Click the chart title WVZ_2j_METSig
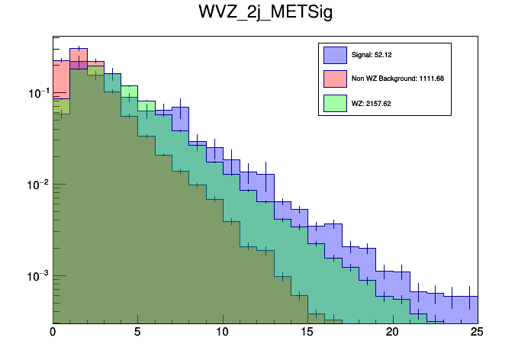265,15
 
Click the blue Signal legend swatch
335,55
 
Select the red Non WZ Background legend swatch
335,79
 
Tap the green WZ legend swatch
335,102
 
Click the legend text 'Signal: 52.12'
372,55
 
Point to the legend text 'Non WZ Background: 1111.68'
392,79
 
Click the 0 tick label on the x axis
53,333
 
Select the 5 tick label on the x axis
137,333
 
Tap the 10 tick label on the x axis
222,333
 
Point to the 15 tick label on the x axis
307,333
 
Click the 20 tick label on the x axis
392,333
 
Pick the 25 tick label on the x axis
477,333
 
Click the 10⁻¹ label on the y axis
35,93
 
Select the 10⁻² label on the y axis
35,184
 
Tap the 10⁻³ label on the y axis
35,275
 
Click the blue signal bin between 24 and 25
469,309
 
